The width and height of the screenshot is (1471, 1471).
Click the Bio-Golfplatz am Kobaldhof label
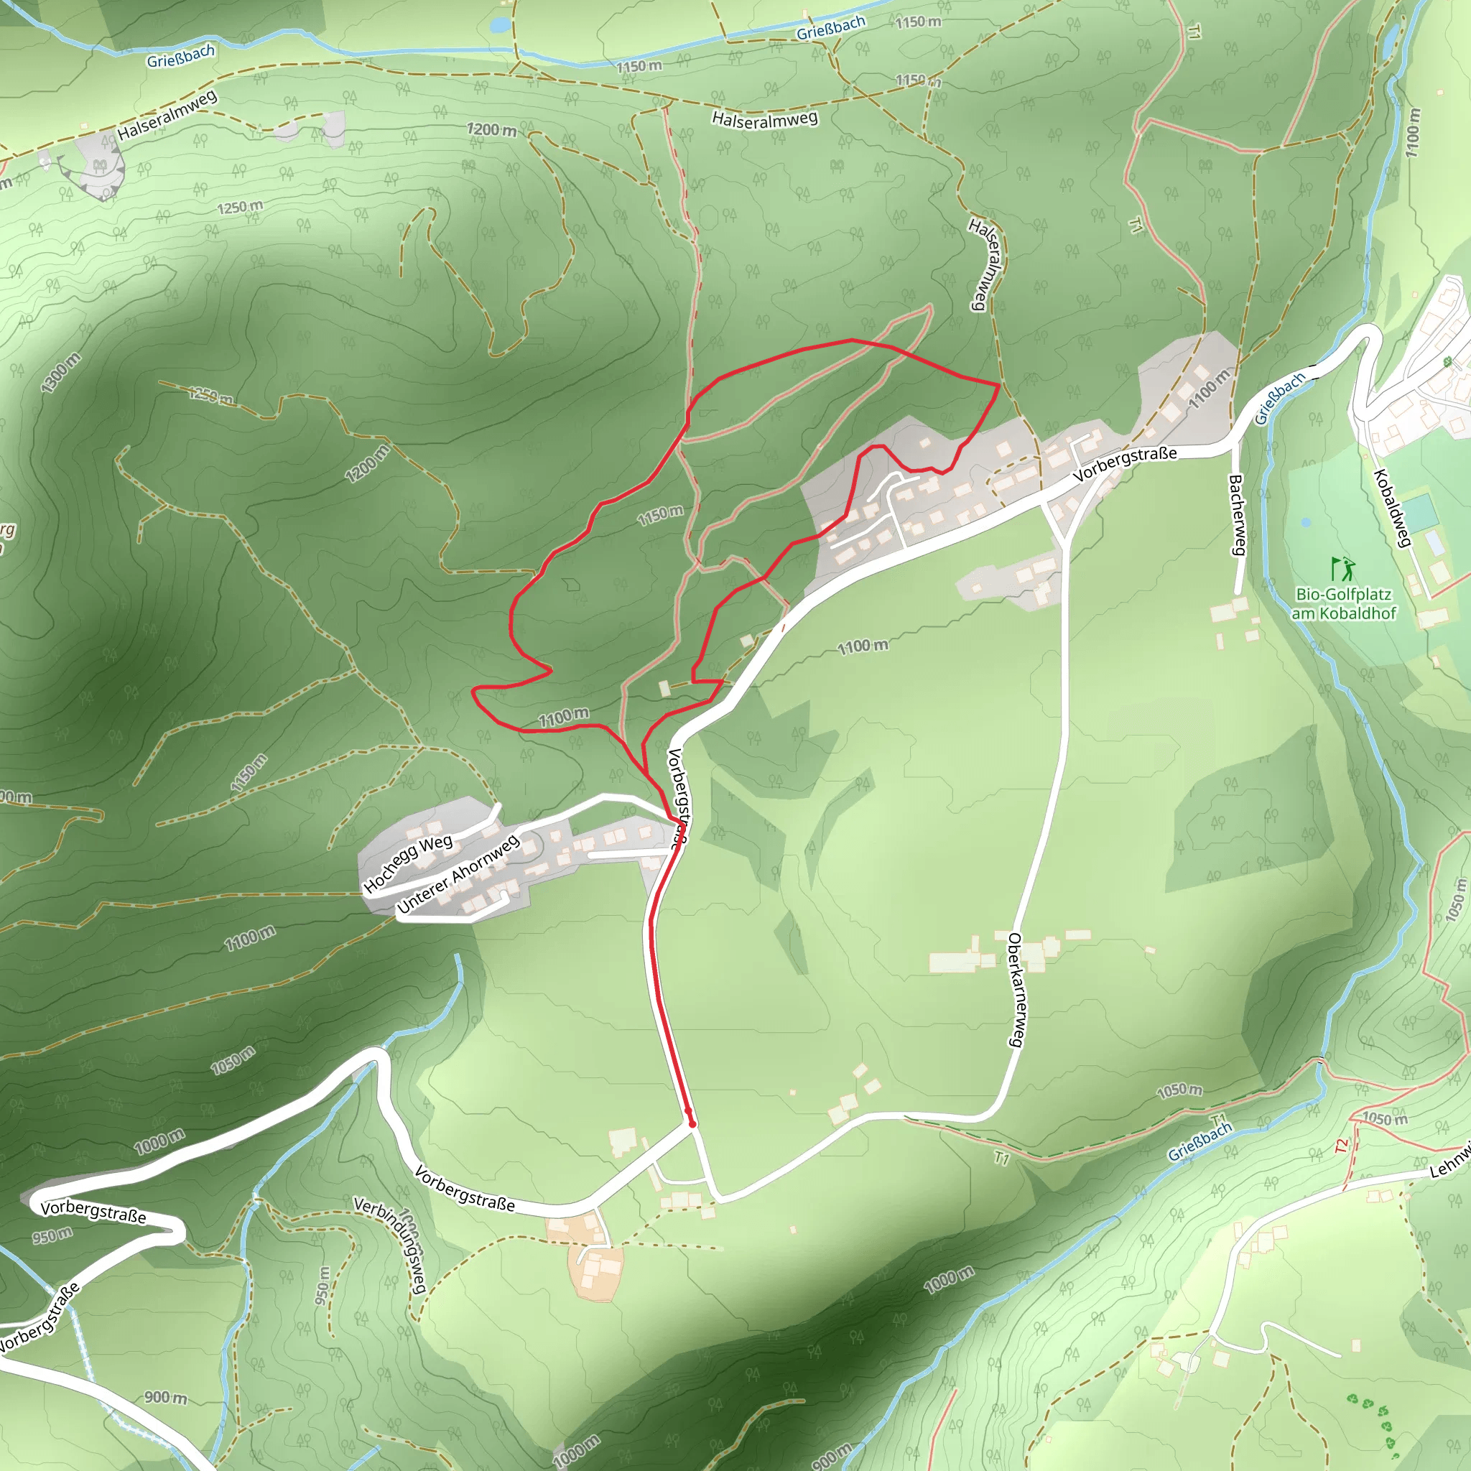pyautogui.click(x=1344, y=604)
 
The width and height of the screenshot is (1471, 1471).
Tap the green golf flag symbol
pyautogui.click(x=1342, y=568)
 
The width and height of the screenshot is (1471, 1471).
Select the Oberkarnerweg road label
pyautogui.click(x=1016, y=989)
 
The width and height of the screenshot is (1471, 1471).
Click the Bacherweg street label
pyautogui.click(x=1237, y=515)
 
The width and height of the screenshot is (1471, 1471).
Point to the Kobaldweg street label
pyautogui.click(x=1393, y=508)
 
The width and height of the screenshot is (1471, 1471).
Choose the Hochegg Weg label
pyautogui.click(x=408, y=863)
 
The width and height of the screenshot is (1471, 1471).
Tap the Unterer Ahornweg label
pyautogui.click(x=458, y=873)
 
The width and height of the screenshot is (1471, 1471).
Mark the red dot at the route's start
pyautogui.click(x=692, y=1124)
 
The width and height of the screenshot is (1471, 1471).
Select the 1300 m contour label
pyautogui.click(x=61, y=373)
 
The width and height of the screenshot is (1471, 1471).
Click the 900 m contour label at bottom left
pyautogui.click(x=165, y=1397)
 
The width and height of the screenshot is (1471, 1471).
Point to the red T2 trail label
pyautogui.click(x=1342, y=1145)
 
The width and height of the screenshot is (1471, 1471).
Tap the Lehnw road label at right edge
pyautogui.click(x=1450, y=1162)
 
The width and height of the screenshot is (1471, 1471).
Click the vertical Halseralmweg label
pyautogui.click(x=987, y=264)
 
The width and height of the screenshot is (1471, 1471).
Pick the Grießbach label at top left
pyautogui.click(x=180, y=55)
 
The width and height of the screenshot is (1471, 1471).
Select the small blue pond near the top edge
pyautogui.click(x=500, y=25)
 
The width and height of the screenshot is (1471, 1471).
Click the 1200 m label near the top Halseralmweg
pyautogui.click(x=492, y=130)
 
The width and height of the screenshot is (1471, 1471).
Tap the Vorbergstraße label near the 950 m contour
pyautogui.click(x=93, y=1212)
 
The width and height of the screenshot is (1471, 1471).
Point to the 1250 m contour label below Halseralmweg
pyautogui.click(x=241, y=207)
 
